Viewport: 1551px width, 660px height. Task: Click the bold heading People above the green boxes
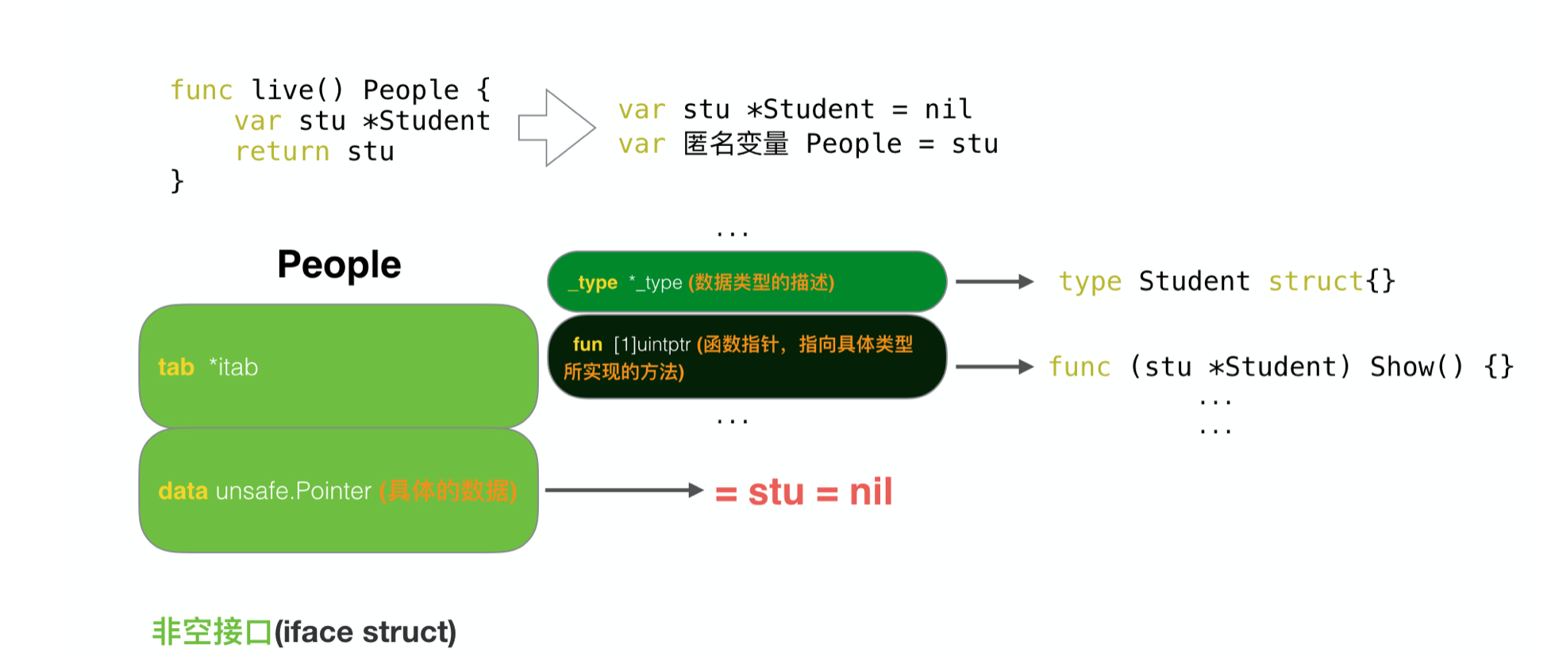click(x=339, y=265)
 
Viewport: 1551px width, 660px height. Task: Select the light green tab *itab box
click(x=338, y=366)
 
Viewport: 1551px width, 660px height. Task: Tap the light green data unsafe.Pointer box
click(x=338, y=490)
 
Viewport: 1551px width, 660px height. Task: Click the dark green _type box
click(x=746, y=282)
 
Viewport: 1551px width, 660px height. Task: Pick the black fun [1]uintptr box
click(x=746, y=357)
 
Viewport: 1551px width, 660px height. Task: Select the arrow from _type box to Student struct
click(x=994, y=282)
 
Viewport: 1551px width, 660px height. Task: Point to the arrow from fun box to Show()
click(x=994, y=366)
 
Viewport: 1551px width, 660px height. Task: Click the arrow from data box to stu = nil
click(x=624, y=490)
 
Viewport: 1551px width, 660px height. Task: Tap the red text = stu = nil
click(x=803, y=492)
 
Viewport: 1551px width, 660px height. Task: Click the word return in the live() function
click(x=282, y=152)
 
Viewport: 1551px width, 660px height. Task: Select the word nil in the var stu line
click(x=948, y=109)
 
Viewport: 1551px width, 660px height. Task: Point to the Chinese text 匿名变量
click(x=736, y=144)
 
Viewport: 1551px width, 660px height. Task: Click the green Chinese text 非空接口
click(x=211, y=632)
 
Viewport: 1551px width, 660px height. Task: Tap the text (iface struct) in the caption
click(x=365, y=632)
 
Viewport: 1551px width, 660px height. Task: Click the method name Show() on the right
click(x=1417, y=366)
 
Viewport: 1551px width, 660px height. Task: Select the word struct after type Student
click(x=1315, y=282)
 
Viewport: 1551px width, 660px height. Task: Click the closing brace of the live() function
click(x=177, y=181)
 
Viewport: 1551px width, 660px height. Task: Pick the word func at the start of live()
click(x=202, y=90)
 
